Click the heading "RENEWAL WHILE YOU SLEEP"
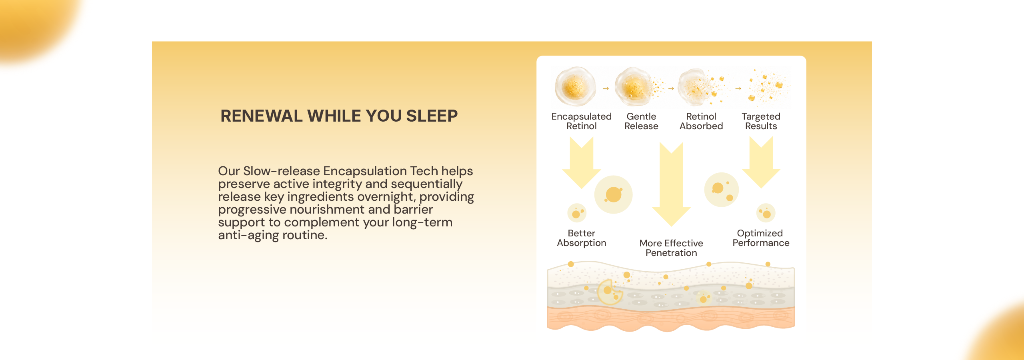pos(339,116)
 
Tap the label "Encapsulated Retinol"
pos(581,121)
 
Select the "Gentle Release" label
pos(641,121)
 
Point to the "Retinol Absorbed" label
pos(701,121)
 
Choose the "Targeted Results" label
pos(761,121)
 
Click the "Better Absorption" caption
pos(582,238)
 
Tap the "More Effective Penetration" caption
pos(671,248)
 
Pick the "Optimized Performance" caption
pos(761,238)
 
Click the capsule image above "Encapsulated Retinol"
pos(575,87)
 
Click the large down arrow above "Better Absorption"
pos(582,162)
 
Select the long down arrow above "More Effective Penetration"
pos(671,184)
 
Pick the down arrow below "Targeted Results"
pos(761,162)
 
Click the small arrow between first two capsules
pos(606,88)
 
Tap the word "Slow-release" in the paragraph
pos(282,171)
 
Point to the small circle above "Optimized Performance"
pos(766,213)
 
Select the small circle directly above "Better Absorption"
pos(577,213)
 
